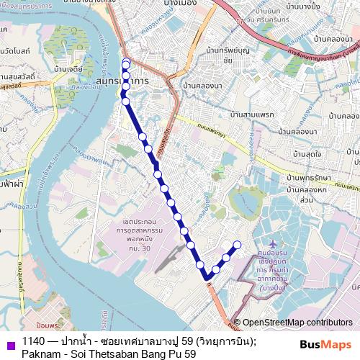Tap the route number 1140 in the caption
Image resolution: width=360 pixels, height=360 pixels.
coord(32,341)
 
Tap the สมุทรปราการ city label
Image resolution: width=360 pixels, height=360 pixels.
coord(122,83)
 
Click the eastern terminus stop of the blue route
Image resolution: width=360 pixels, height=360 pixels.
coord(238,243)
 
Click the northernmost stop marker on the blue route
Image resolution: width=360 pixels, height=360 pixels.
coord(127,61)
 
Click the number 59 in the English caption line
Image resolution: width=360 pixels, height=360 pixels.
coord(189,354)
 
